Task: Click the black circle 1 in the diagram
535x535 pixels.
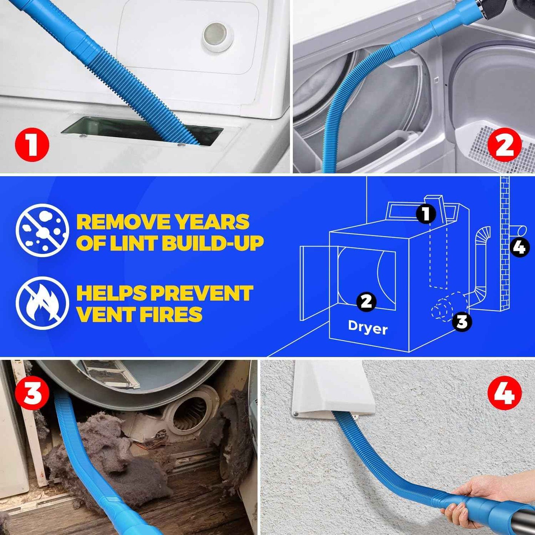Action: pos(426,214)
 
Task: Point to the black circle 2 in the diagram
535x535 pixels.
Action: pos(366,301)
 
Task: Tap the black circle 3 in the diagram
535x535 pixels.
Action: pos(462,321)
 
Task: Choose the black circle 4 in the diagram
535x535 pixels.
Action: pos(520,247)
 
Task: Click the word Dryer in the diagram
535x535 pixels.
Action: pos(368,328)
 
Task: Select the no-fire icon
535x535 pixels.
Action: pos(42,303)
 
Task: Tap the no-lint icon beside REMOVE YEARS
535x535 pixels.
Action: pos(42,230)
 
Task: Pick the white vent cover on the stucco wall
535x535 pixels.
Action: pos(331,389)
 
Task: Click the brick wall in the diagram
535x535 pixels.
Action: pos(504,259)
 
